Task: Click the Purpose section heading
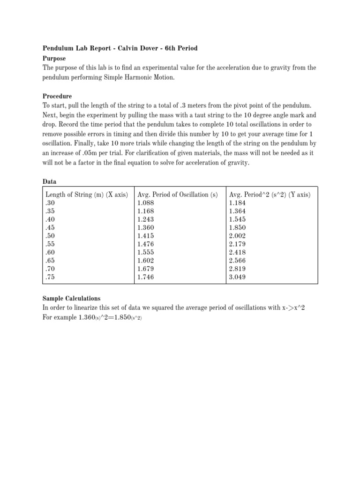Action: tap(54, 59)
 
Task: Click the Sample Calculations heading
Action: tap(71, 298)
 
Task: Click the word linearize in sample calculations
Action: tap(93, 307)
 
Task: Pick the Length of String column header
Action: tap(87, 195)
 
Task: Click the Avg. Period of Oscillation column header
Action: tap(178, 195)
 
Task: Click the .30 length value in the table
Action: tap(51, 203)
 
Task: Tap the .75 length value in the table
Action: tap(51, 277)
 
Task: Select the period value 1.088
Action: tap(146, 203)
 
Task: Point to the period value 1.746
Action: tap(146, 277)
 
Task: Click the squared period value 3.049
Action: tap(238, 277)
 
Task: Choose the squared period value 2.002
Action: tap(238, 236)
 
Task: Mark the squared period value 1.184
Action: tap(238, 203)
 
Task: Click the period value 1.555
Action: tap(146, 252)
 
